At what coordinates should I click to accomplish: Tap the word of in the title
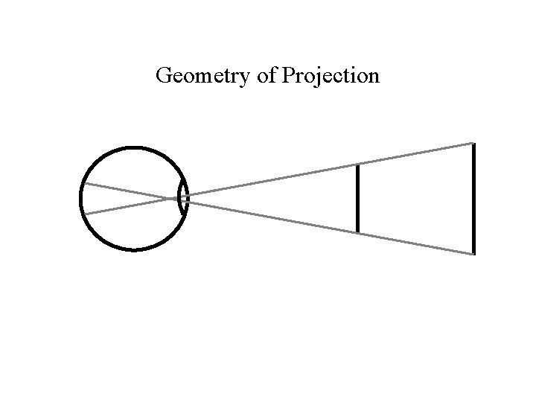[x=267, y=76]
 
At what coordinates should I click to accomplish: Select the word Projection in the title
[x=331, y=77]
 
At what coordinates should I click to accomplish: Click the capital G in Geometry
[x=164, y=76]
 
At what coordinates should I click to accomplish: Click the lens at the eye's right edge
[x=182, y=199]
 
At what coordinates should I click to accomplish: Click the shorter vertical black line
[x=358, y=198]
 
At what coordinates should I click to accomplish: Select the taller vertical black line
[x=473, y=198]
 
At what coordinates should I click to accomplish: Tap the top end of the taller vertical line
[x=473, y=144]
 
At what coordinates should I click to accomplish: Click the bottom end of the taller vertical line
[x=473, y=254]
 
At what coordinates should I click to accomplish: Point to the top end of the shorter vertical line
[x=358, y=165]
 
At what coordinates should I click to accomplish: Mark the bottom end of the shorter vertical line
[x=358, y=232]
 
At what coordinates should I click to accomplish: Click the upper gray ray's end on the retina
[x=83, y=182]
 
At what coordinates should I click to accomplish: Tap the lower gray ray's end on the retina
[x=84, y=214]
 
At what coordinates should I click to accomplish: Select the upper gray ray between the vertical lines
[x=415, y=153]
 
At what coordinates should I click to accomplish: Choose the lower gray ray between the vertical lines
[x=415, y=243]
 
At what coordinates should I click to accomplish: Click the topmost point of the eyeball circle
[x=133, y=147]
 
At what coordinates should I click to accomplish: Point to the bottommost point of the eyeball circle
[x=133, y=250]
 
